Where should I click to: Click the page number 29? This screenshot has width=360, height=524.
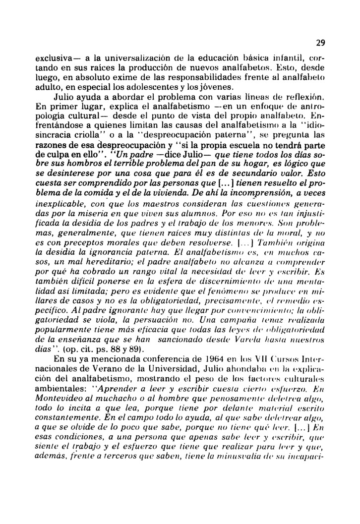coord(319,44)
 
